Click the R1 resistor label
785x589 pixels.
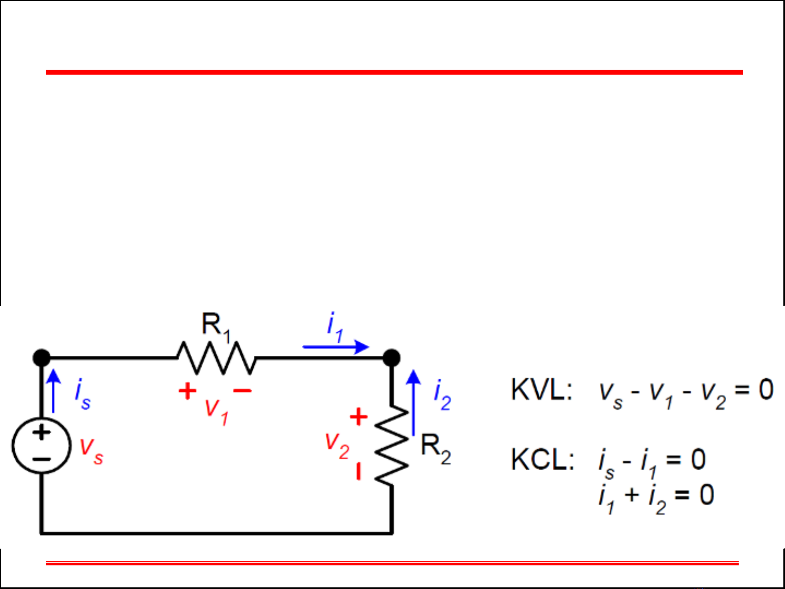pyautogui.click(x=216, y=326)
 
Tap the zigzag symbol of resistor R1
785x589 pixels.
pyautogui.click(x=216, y=358)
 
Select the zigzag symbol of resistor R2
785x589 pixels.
pyautogui.click(x=392, y=444)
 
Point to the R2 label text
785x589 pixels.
pyautogui.click(x=436, y=449)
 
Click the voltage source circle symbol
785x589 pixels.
pyautogui.click(x=41, y=446)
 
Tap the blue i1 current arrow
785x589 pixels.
pyautogui.click(x=336, y=347)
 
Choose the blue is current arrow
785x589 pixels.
pyautogui.click(x=53, y=391)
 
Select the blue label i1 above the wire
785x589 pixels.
pyautogui.click(x=334, y=327)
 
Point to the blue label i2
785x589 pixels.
pyautogui.click(x=442, y=395)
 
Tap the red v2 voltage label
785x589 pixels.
pyautogui.click(x=337, y=446)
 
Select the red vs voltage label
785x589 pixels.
pyautogui.click(x=91, y=451)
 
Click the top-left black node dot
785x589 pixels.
pyautogui.click(x=41, y=358)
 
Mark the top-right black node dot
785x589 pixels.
pyautogui.click(x=391, y=358)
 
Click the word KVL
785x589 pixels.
pyautogui.click(x=541, y=390)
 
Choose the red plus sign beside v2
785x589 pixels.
pyautogui.click(x=358, y=417)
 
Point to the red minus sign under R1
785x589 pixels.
pyautogui.click(x=242, y=390)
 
